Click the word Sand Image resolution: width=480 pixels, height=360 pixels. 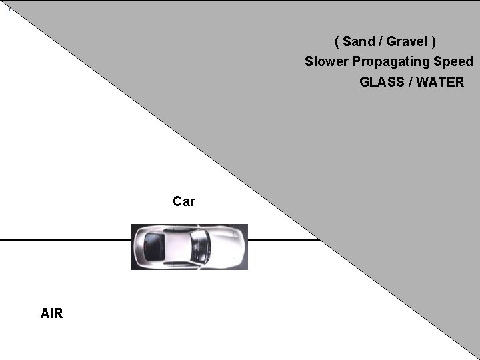359,41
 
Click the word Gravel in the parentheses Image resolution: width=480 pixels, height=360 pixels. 407,41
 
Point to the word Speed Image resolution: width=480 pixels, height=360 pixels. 455,61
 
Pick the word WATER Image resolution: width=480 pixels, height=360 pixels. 440,82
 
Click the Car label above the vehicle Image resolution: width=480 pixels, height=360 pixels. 184,201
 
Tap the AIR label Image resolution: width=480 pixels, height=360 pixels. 51,313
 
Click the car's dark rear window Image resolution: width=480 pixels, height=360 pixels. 154,247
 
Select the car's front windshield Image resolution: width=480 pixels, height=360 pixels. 199,246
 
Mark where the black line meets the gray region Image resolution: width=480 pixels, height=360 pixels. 319,239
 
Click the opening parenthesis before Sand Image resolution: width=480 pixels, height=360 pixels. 337,41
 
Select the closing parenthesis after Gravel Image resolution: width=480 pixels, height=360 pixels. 433,41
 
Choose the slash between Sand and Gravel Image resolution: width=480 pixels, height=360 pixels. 380,41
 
